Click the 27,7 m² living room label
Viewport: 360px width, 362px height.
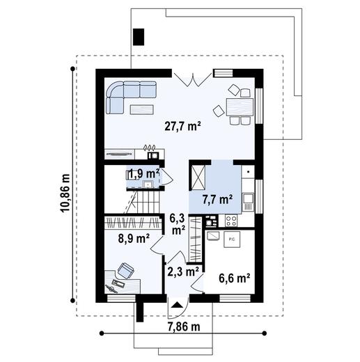point(182,126)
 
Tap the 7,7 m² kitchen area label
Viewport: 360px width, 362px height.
point(217,199)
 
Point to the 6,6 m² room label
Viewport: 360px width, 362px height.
point(234,278)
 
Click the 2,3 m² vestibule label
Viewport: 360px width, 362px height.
point(183,269)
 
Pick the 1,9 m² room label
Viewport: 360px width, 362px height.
point(143,173)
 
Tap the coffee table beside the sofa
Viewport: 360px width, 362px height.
point(143,107)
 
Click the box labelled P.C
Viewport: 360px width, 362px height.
point(231,239)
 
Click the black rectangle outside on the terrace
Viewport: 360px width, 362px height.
point(138,37)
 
